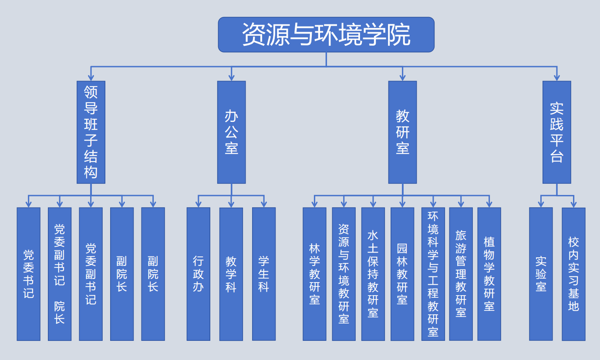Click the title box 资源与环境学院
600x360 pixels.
326,34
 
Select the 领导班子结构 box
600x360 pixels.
91,132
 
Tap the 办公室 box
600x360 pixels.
231,132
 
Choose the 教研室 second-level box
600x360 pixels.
402,132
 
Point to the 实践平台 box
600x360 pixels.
556,132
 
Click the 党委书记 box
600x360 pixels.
29,274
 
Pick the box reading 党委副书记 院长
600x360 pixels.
60,274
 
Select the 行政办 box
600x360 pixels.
198,274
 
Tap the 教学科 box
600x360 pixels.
231,274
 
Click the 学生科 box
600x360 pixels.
264,274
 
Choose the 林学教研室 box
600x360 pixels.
314,274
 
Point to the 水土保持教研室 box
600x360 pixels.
373,274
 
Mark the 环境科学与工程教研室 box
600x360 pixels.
433,274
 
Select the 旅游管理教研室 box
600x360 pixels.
461,274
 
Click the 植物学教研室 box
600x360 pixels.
489,274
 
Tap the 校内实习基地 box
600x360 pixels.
573,274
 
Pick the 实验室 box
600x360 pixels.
541,274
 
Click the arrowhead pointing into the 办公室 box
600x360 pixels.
231,77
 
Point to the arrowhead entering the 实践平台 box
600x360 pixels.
556,77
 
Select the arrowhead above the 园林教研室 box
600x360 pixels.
402,204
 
